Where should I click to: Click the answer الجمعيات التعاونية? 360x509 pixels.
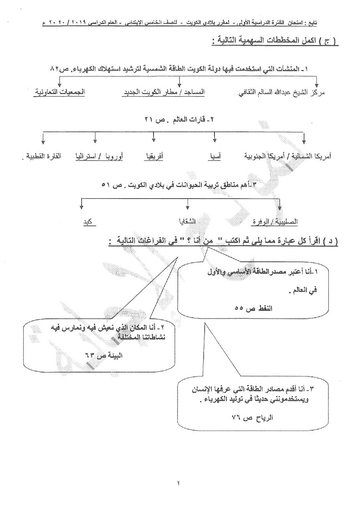(x=60, y=92)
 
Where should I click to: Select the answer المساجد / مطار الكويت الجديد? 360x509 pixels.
(x=163, y=92)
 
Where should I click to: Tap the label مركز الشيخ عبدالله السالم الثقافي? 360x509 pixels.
(x=281, y=92)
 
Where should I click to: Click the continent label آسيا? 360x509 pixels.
(x=214, y=156)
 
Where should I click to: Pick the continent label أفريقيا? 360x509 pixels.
(x=154, y=156)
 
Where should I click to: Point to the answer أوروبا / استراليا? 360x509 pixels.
(x=99, y=156)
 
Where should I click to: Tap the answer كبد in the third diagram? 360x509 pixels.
(x=88, y=221)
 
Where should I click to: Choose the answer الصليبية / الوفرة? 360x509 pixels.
(x=275, y=221)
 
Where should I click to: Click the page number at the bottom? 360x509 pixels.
(x=179, y=483)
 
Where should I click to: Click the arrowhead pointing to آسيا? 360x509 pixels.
(x=215, y=139)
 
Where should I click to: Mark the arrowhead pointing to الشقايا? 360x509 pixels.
(x=187, y=207)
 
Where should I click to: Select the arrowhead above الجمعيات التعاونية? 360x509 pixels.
(x=59, y=84)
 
